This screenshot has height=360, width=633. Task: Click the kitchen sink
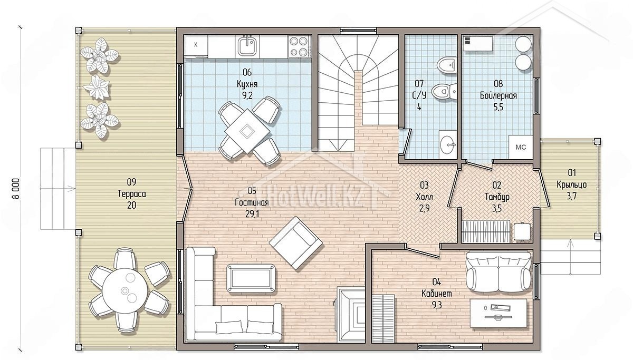248,46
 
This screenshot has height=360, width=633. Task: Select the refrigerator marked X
196,45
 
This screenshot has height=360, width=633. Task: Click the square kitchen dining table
247,132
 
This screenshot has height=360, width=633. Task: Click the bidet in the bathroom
446,65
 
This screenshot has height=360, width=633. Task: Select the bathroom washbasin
448,144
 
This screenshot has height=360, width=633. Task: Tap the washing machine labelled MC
521,147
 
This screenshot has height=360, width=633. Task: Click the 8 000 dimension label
16,189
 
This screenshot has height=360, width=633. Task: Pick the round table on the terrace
125,291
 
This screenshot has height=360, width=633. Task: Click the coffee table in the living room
251,279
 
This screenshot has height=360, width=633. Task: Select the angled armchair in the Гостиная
295,243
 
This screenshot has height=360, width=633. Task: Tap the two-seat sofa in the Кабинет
498,271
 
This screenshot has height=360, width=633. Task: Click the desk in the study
498,314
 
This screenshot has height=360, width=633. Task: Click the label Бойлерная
498,95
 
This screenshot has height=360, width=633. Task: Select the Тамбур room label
497,197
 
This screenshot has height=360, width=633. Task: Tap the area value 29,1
252,215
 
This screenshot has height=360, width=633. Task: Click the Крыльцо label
571,184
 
